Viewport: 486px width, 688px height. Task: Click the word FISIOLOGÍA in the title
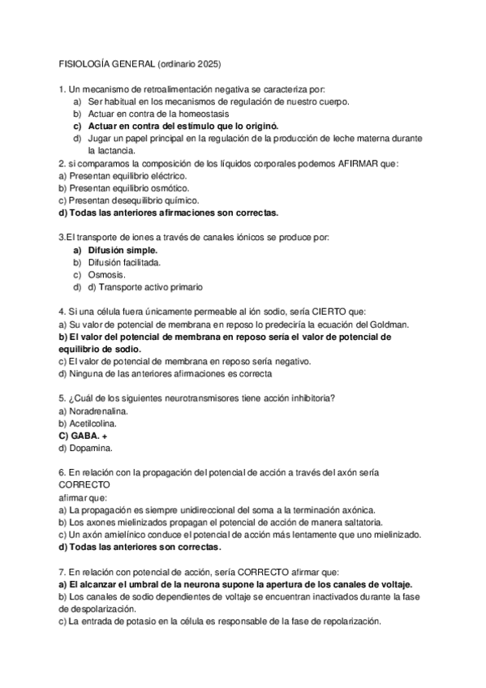84,63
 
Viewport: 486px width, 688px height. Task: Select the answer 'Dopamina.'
89,449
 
